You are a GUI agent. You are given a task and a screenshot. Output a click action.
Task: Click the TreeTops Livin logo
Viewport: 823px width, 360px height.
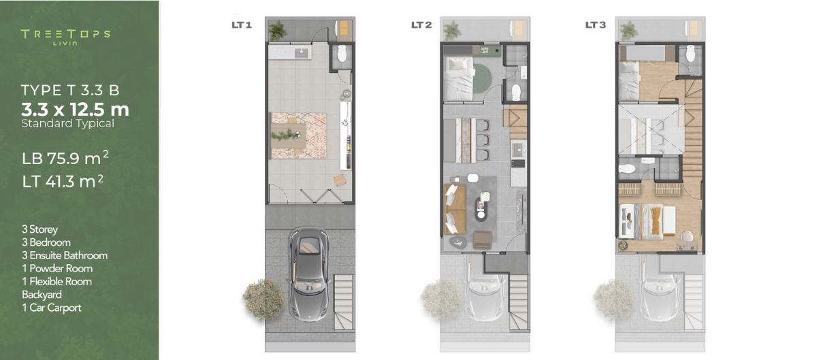click(x=65, y=37)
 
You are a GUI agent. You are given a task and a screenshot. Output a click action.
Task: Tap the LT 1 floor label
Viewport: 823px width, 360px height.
click(x=242, y=25)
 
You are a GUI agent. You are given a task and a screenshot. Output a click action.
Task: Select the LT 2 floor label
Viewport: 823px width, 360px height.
click(x=421, y=25)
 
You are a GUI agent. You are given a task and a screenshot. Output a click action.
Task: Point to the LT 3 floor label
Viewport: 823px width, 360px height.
click(x=595, y=25)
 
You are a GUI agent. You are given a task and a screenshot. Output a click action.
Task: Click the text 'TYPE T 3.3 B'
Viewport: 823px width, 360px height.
click(x=70, y=91)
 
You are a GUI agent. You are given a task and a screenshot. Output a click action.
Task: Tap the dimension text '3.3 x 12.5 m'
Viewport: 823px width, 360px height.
click(x=75, y=110)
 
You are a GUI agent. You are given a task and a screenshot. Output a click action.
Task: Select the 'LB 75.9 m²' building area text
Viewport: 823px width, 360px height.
click(x=65, y=158)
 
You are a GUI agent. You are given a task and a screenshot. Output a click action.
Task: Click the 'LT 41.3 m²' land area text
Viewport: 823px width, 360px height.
click(x=63, y=181)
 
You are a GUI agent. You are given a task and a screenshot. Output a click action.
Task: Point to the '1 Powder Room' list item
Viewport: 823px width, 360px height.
click(x=57, y=269)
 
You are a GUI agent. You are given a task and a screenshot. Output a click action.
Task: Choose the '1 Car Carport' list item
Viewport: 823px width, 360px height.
click(x=52, y=308)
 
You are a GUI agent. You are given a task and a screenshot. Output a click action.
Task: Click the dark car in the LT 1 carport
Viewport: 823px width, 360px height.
click(x=309, y=274)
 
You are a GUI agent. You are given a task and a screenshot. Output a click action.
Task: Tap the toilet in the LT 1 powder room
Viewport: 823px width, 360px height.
click(x=342, y=53)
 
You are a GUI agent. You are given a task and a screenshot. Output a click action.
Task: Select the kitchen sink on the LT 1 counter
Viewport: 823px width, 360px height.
click(x=303, y=52)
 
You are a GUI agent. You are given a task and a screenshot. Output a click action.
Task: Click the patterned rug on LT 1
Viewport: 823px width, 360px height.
click(x=298, y=135)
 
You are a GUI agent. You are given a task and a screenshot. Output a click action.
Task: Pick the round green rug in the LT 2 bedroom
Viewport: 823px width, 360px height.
click(x=481, y=79)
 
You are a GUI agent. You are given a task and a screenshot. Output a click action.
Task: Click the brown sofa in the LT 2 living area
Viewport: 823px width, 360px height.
click(x=455, y=209)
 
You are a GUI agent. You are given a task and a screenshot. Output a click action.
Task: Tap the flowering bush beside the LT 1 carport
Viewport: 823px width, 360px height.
click(x=263, y=299)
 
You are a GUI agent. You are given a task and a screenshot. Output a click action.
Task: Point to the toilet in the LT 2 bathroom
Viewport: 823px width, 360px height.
click(x=516, y=92)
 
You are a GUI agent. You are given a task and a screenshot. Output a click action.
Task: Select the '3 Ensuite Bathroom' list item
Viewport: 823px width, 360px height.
click(x=65, y=256)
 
